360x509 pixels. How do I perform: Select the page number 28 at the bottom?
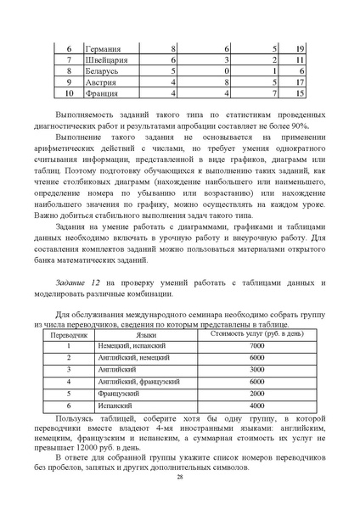click(x=180, y=477)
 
